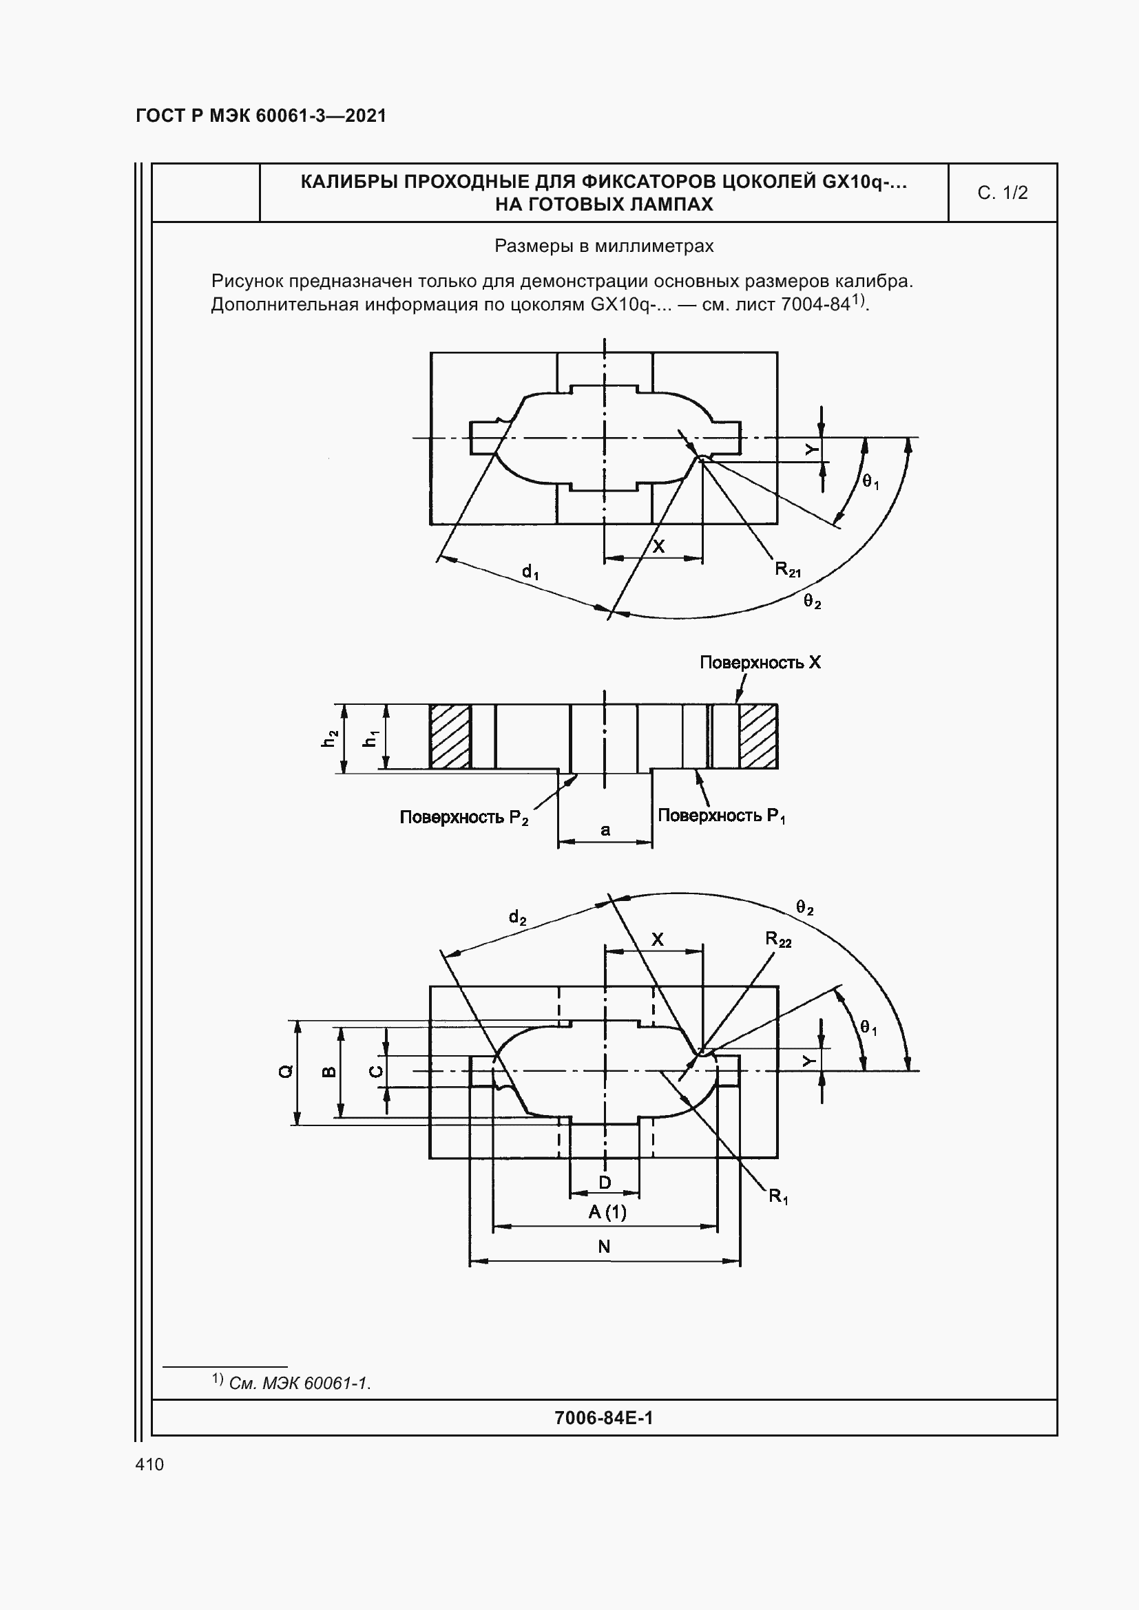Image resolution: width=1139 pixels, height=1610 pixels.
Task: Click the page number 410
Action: (149, 1464)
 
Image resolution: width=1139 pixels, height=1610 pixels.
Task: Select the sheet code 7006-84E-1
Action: (603, 1418)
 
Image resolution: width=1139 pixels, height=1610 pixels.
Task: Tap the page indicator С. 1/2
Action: (1002, 193)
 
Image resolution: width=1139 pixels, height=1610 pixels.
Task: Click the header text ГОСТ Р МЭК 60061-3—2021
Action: (261, 116)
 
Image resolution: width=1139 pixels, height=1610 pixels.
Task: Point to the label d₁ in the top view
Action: (530, 572)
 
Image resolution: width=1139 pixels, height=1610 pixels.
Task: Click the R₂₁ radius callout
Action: (787, 569)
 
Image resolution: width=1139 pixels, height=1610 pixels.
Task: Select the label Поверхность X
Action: (760, 663)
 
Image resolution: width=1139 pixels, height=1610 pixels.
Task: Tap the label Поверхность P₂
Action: (463, 818)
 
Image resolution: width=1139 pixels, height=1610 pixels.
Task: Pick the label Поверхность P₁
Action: (721, 816)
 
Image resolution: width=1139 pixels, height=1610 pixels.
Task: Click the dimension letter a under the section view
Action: (605, 830)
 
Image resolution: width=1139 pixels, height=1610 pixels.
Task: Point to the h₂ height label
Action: (330, 739)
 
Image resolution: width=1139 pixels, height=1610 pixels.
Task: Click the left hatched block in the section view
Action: (450, 737)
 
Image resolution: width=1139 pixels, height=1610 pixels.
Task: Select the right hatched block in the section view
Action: (758, 737)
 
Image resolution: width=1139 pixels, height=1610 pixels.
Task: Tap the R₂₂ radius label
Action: (777, 940)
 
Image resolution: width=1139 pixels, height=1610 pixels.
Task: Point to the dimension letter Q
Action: (286, 1072)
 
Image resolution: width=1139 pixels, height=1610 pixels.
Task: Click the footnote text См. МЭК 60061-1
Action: (300, 1384)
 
